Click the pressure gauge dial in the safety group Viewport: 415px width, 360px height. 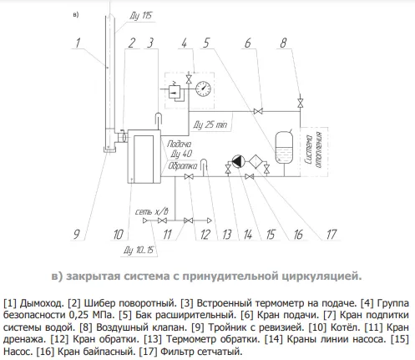coord(203,89)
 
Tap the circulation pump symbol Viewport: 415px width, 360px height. coord(238,161)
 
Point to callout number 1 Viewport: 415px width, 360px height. coord(78,43)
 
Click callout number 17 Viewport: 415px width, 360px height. coord(331,235)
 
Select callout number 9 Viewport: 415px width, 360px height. coord(77,234)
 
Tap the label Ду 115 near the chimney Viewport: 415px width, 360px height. coord(141,16)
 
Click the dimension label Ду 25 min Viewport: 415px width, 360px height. coord(210,124)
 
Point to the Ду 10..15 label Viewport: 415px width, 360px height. coord(139,250)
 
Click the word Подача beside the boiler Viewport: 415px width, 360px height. coord(180,144)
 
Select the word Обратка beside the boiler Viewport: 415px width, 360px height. coord(183,166)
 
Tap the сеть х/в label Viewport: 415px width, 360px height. coord(152,211)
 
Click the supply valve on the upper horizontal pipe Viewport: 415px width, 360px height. coord(258,111)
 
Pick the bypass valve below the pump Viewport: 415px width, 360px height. coord(250,176)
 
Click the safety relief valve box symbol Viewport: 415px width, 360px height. coord(175,92)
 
